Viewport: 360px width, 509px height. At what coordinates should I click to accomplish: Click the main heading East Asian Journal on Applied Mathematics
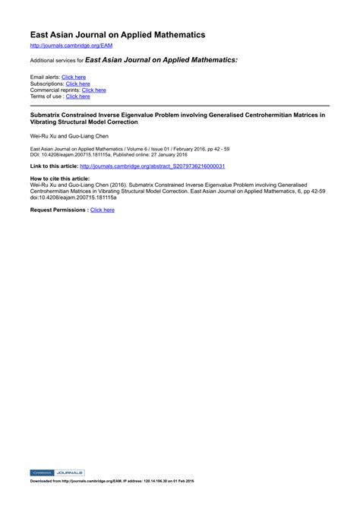point(118,35)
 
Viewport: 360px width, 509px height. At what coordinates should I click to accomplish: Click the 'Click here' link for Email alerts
point(74,77)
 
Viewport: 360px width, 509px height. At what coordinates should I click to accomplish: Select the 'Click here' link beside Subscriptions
point(78,84)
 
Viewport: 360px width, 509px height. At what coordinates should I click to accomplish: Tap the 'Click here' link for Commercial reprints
point(93,90)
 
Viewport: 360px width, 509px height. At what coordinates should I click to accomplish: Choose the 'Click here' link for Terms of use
point(77,96)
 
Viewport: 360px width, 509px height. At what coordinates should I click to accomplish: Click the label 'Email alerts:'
point(45,77)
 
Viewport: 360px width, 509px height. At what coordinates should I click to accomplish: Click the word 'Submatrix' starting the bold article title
point(46,115)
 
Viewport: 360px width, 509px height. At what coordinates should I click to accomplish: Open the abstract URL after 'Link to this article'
point(152,166)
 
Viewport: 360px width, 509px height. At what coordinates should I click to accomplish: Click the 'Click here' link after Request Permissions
point(103,210)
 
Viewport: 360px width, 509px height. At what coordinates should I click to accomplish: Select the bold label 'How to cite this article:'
point(60,178)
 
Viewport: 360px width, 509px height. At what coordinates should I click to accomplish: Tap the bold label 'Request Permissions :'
point(58,210)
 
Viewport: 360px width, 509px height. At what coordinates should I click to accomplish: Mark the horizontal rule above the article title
point(179,106)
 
